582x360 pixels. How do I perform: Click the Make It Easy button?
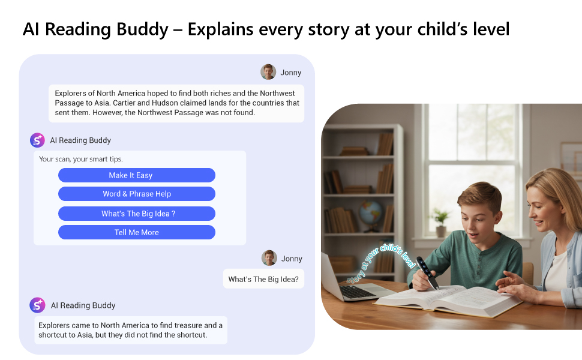coord(136,175)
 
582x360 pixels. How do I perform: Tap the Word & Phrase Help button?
coord(136,194)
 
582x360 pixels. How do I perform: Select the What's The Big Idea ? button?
coord(136,214)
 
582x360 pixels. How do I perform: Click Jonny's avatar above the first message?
coord(268,72)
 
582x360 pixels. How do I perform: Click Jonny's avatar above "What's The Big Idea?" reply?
coord(269,258)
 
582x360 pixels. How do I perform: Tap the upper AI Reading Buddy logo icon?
coord(38,140)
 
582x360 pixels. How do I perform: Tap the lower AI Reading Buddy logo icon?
coord(38,305)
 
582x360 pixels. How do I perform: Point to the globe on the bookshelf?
coord(371,214)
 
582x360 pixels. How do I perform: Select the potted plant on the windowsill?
coord(441,221)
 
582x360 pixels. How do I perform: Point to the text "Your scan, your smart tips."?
coord(80,159)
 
